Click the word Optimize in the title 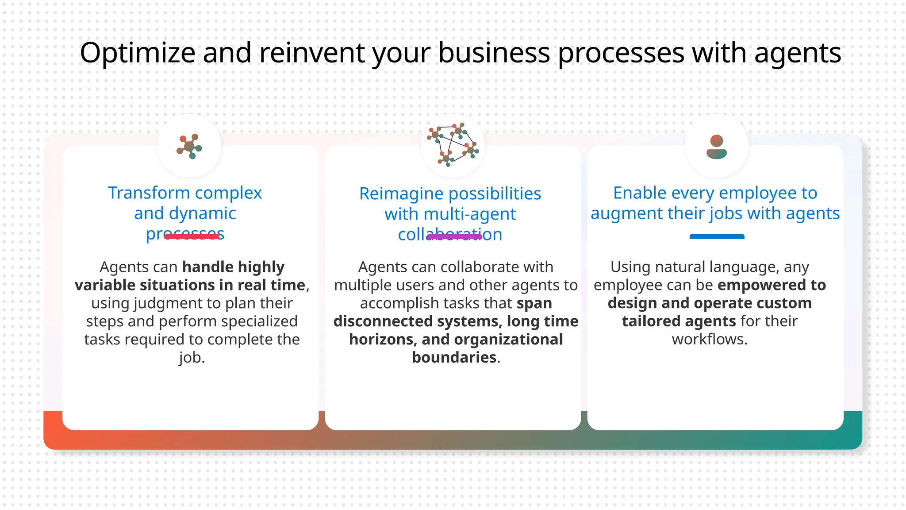click(138, 53)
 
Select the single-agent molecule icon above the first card click(189, 146)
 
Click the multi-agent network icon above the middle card click(453, 145)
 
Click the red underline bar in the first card click(192, 236)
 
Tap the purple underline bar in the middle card click(454, 237)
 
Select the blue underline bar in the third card click(717, 237)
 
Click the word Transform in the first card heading click(149, 193)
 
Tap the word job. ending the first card click(192, 357)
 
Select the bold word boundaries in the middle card click(454, 357)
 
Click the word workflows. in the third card click(710, 339)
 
